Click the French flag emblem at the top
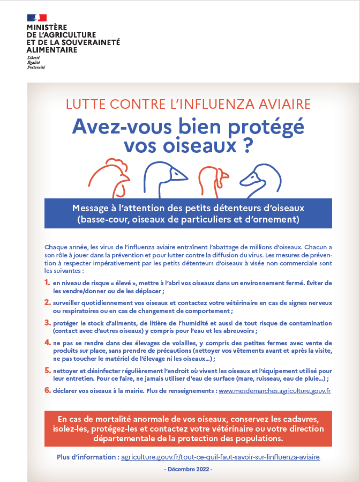click(x=36, y=18)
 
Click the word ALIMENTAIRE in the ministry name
click(x=52, y=50)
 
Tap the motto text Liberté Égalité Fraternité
click(x=36, y=62)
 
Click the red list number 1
click(x=47, y=283)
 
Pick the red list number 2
click(x=47, y=303)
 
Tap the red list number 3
click(x=47, y=323)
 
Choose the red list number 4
click(x=47, y=343)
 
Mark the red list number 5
click(x=47, y=370)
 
